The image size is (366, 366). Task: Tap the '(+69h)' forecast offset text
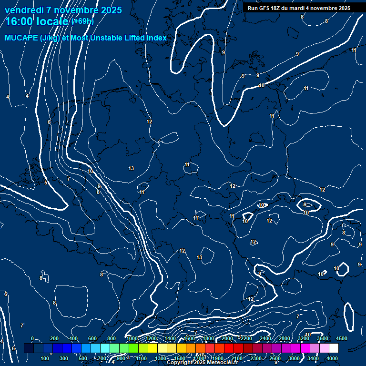pos(82,21)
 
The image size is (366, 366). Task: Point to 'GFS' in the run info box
pos(266,8)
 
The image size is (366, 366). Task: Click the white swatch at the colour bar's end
pos(334,348)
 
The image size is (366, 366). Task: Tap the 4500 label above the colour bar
pos(341,338)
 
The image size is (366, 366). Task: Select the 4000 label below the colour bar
pos(332,358)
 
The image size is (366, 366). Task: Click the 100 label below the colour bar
pos(45,358)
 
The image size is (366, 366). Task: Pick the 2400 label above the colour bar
pos(265,338)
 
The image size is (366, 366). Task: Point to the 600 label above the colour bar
pos(92,338)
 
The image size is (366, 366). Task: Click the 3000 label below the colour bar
pos(294,358)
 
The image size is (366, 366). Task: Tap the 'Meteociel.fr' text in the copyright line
pos(222,363)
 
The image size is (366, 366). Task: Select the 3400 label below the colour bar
pos(313,358)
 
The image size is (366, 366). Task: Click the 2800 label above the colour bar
pos(285,338)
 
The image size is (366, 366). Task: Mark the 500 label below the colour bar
pos(83,358)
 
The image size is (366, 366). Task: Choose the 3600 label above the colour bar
pos(323,338)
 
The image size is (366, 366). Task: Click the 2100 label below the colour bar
pos(237,358)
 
